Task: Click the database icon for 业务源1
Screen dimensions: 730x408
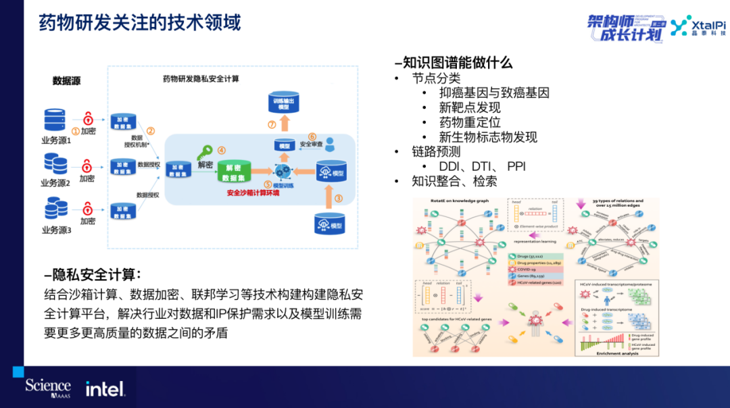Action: click(x=54, y=119)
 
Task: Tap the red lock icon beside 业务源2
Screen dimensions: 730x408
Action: click(x=87, y=165)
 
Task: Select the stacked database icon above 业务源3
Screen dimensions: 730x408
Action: click(x=55, y=209)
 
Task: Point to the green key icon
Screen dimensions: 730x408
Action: click(x=204, y=153)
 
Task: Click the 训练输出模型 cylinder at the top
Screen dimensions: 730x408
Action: click(x=283, y=103)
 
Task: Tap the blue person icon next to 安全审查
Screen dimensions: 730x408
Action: click(x=330, y=144)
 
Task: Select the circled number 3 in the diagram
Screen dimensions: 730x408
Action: click(x=339, y=198)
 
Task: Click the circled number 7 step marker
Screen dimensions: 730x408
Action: click(x=272, y=124)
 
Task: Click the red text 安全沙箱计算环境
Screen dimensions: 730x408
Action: click(x=253, y=193)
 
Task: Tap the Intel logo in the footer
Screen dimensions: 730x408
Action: click(x=105, y=388)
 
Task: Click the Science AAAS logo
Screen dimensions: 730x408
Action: click(x=48, y=388)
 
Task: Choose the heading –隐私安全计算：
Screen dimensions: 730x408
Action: click(x=92, y=276)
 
